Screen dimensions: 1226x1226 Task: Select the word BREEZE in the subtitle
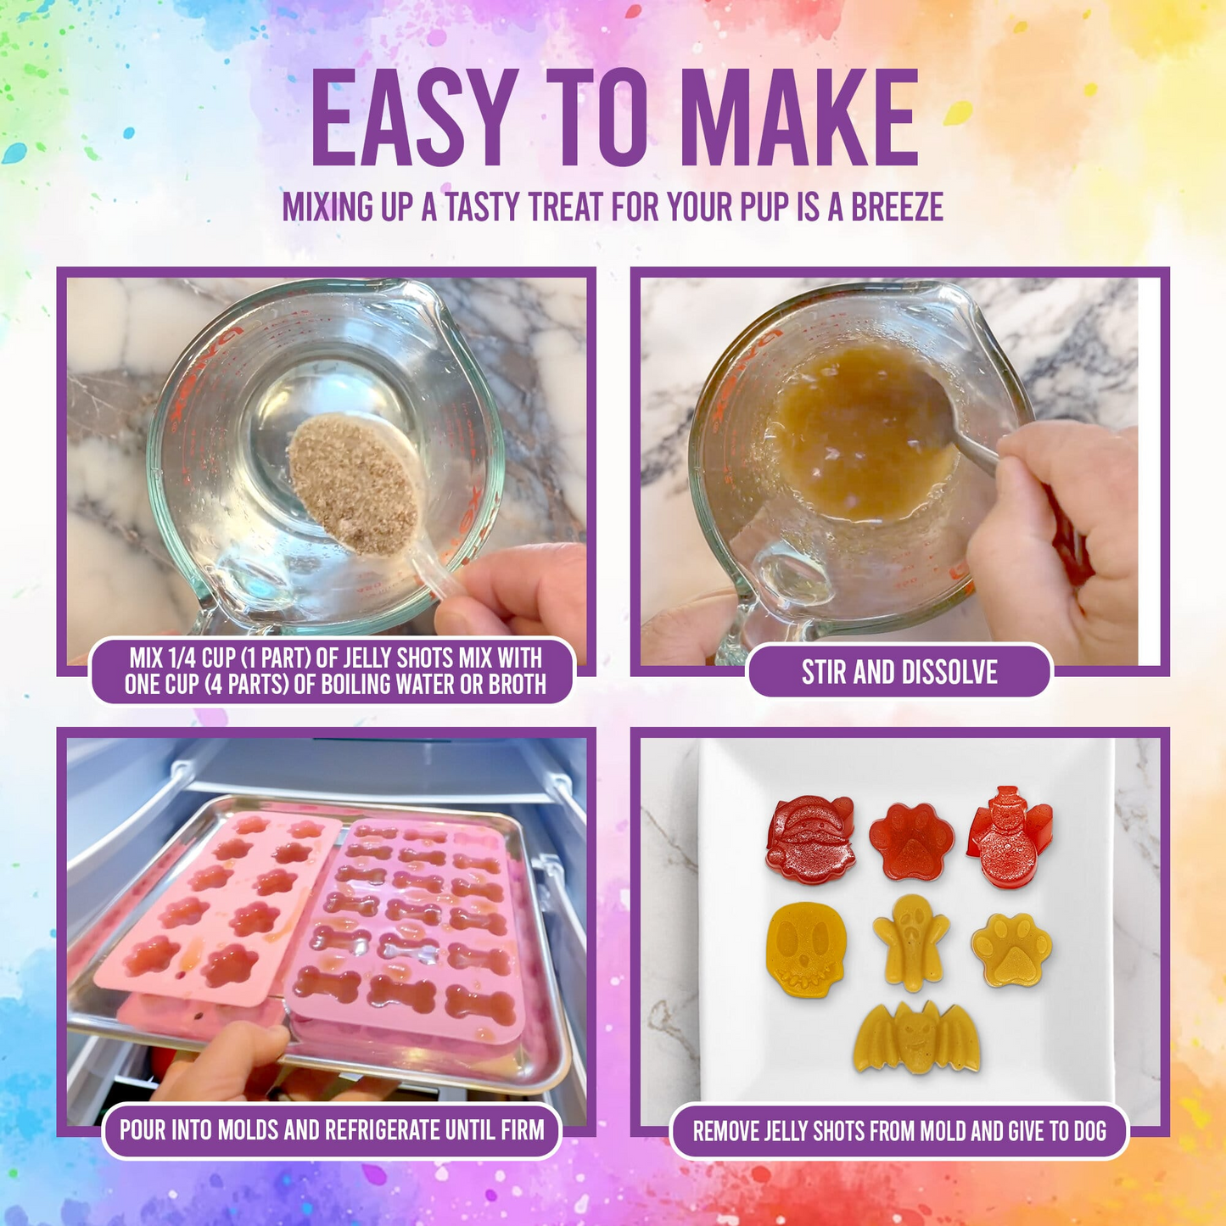(x=897, y=207)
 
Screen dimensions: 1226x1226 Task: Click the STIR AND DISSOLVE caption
(x=899, y=672)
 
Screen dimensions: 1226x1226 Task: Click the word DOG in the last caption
(x=1087, y=1131)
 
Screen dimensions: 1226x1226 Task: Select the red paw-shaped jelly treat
(x=910, y=840)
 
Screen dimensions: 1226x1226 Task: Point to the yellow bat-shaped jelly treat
(x=916, y=1038)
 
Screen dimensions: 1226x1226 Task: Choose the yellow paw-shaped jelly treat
(x=1011, y=949)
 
